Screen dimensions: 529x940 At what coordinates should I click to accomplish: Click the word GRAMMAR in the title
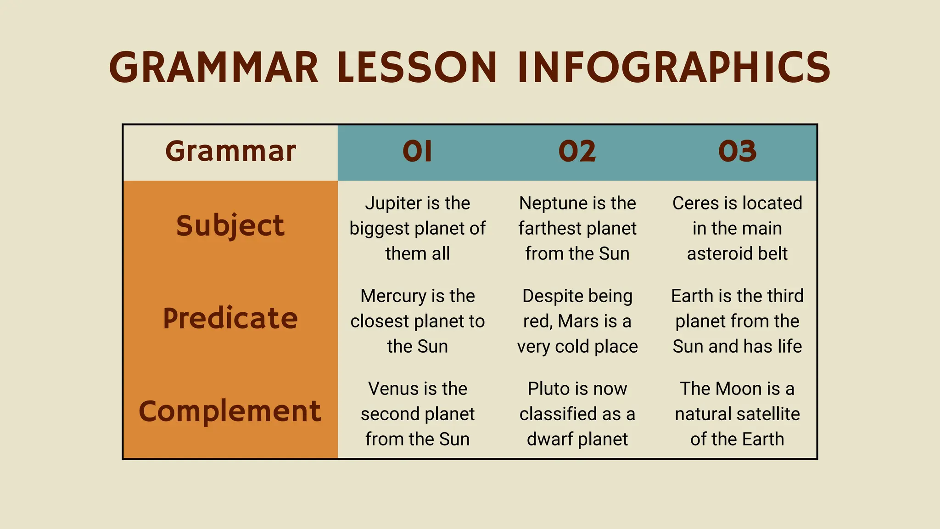[213, 68]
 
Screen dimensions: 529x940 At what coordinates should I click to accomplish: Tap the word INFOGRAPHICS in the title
[674, 68]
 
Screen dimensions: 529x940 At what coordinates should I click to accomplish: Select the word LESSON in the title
[417, 68]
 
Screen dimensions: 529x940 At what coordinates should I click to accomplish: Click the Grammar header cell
[230, 152]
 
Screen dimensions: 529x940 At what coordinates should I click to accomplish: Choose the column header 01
[417, 152]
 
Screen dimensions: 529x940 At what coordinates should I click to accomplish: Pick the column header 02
[577, 152]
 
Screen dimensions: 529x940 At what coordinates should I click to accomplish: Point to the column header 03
[737, 152]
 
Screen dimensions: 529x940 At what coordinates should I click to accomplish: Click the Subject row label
[230, 225]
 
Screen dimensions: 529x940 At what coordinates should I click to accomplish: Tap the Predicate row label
[230, 318]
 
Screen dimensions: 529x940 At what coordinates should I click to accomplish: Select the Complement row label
[230, 411]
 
